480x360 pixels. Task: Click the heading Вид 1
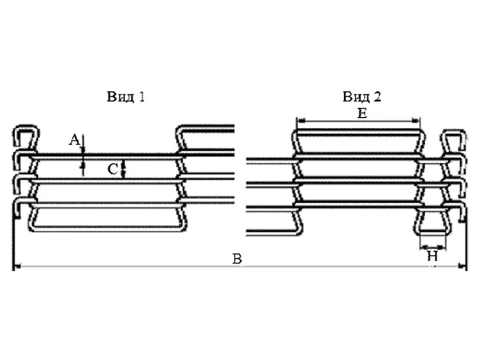(x=125, y=97)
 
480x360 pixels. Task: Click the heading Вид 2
(x=362, y=97)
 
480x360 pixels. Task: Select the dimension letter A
(x=74, y=140)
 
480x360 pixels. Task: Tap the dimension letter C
(x=113, y=169)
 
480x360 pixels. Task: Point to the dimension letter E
(x=362, y=114)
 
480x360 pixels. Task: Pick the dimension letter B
(x=237, y=259)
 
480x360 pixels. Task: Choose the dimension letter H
(x=433, y=256)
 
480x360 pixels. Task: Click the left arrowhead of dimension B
(x=17, y=266)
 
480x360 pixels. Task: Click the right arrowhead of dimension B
(x=461, y=266)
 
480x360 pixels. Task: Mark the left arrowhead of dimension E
(x=301, y=121)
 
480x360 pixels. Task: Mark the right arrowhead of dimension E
(x=416, y=121)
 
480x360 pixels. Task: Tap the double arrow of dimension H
(x=433, y=247)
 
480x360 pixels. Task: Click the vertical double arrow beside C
(x=124, y=169)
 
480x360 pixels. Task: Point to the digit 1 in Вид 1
(x=142, y=97)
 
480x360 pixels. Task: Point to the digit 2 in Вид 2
(x=377, y=97)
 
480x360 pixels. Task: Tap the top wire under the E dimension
(x=358, y=132)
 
